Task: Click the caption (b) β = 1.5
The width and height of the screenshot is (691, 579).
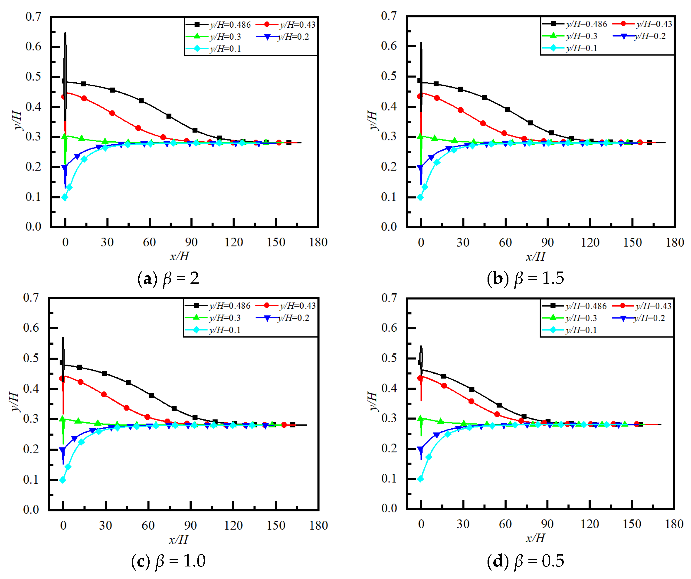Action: [525, 278]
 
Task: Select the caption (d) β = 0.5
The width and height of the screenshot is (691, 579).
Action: [525, 561]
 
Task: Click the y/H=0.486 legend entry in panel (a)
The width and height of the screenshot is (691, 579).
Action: [219, 25]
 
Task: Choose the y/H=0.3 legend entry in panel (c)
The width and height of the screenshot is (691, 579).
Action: [213, 318]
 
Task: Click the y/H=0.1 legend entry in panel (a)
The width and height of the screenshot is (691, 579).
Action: [214, 49]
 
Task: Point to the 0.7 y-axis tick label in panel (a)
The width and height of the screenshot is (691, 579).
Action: [33, 16]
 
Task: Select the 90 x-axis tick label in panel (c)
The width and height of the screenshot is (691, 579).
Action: [190, 525]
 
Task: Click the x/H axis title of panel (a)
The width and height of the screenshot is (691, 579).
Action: [179, 256]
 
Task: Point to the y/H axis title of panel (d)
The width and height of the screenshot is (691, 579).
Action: [373, 401]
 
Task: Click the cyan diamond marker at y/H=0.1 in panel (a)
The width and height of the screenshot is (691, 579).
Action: [65, 197]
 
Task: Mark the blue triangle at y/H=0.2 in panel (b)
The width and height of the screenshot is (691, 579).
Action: [420, 168]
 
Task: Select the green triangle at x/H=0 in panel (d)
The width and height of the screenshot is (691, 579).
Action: [420, 418]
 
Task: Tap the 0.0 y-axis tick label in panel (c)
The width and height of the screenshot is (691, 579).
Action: [31, 510]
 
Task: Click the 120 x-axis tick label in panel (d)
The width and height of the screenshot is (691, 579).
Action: [590, 524]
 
